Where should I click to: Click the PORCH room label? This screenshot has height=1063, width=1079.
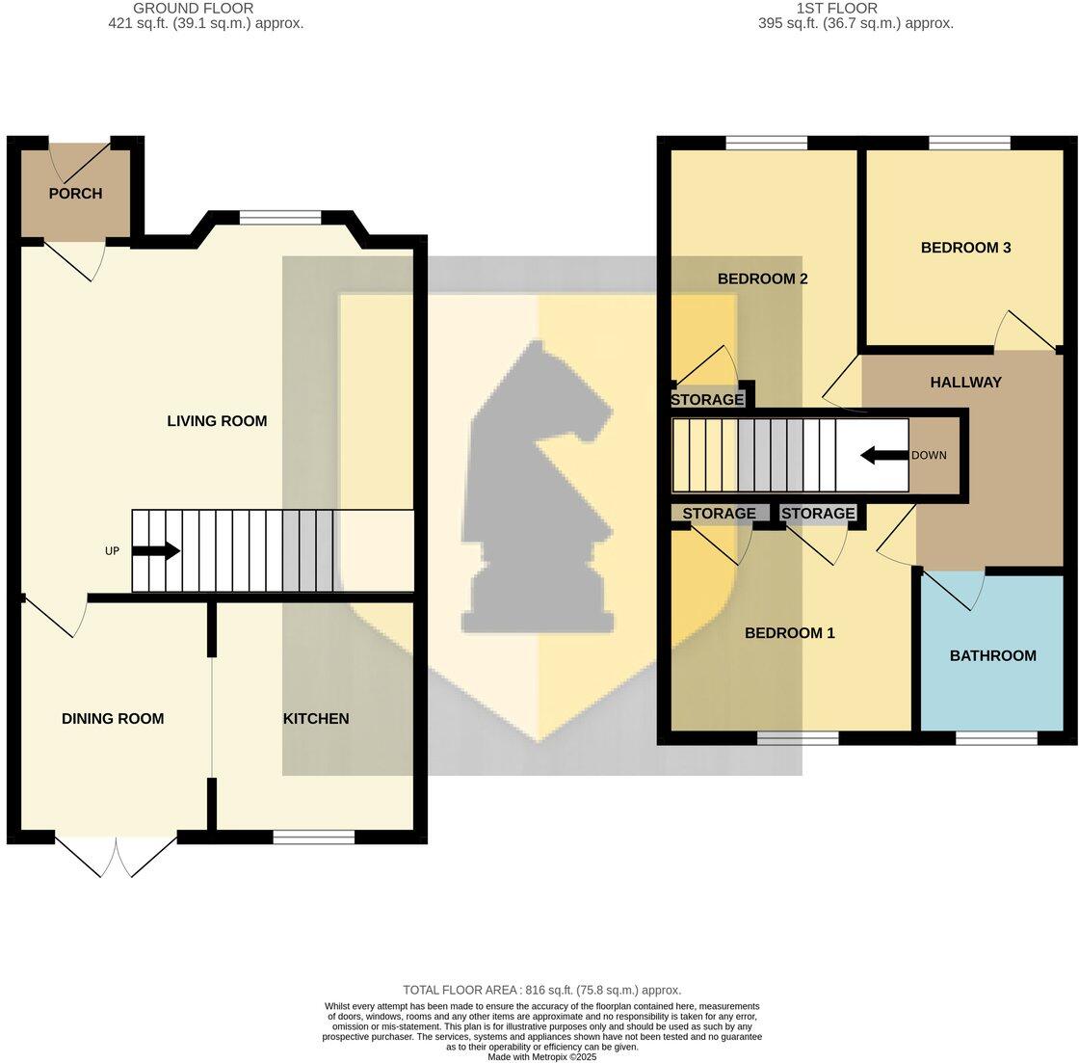[x=75, y=194]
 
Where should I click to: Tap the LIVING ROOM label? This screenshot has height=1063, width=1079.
[x=217, y=421]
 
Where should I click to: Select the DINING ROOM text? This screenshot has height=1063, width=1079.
[x=113, y=719]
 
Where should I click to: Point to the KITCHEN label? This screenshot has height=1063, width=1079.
[x=315, y=719]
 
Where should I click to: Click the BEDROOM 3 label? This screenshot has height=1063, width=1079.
[x=965, y=248]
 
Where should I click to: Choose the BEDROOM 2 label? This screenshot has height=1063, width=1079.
[x=762, y=279]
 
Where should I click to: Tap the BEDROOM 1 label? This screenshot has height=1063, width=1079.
[x=789, y=633]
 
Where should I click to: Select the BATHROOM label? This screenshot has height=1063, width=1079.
[x=992, y=656]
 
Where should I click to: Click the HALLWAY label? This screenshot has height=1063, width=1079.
[x=965, y=383]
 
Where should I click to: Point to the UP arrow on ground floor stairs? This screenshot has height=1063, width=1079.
[x=155, y=551]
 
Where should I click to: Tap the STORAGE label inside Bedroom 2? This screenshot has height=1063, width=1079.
[x=707, y=400]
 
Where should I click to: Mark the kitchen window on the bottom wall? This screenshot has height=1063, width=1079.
[x=313, y=837]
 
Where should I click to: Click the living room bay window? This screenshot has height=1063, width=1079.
[x=279, y=219]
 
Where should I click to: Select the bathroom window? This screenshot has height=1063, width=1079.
[x=996, y=738]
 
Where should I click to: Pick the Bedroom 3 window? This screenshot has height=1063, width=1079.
[x=969, y=144]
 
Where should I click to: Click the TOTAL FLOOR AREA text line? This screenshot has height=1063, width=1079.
[x=541, y=990]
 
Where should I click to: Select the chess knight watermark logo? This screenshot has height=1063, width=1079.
[x=539, y=487]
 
